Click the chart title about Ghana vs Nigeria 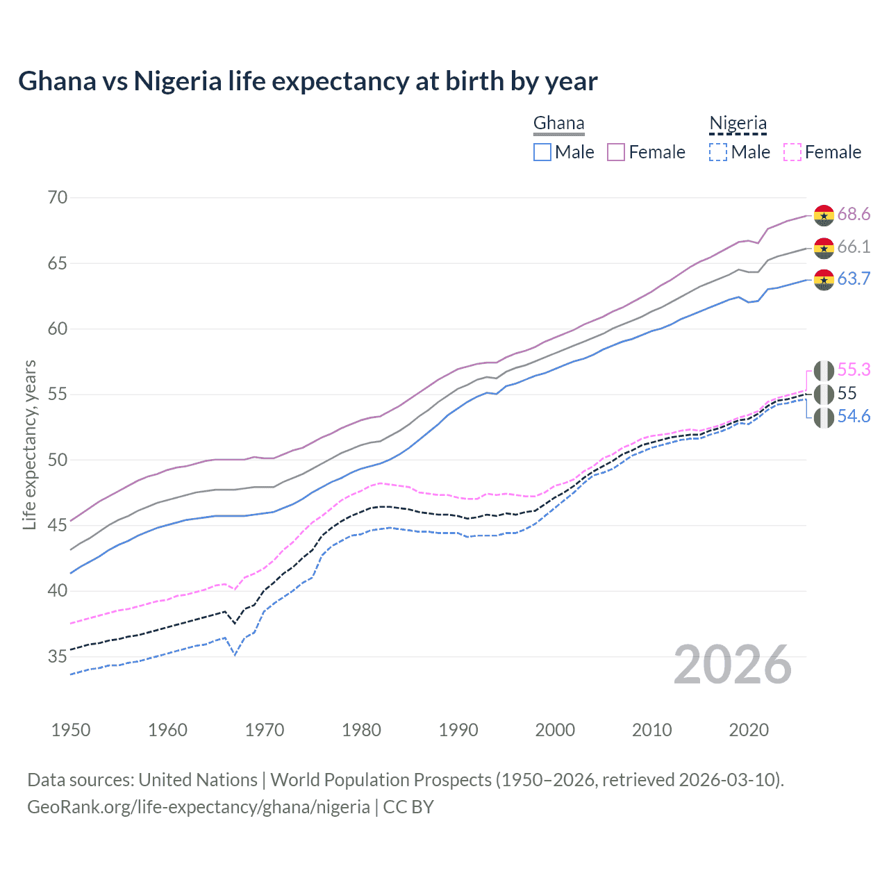click(308, 81)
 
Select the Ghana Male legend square click(542, 152)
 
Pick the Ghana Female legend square click(616, 152)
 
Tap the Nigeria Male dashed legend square click(718, 152)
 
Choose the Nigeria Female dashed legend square click(792, 152)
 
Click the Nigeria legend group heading click(738, 124)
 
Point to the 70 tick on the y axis click(58, 197)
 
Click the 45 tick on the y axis click(58, 525)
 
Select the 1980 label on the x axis click(361, 730)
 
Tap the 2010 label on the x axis click(651, 730)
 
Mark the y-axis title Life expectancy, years click(29, 445)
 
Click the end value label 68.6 click(854, 214)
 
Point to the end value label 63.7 click(854, 279)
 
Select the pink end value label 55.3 click(854, 369)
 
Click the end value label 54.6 click(854, 416)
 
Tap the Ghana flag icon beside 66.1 click(824, 247)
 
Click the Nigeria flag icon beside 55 click(824, 394)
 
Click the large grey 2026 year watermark click(732, 665)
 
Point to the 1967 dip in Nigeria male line click(235, 655)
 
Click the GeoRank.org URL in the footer click(199, 807)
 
